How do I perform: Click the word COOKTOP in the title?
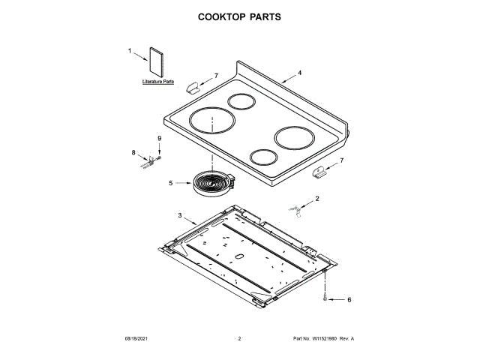(221, 16)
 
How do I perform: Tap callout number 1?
(129, 51)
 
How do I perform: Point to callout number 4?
(299, 73)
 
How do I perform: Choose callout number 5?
(170, 182)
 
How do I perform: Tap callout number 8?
(133, 153)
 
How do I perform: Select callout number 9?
(159, 139)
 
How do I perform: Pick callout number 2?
(316, 199)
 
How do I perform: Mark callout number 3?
(180, 215)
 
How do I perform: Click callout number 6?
(348, 300)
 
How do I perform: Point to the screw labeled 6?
(325, 298)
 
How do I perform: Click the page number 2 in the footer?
(239, 339)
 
